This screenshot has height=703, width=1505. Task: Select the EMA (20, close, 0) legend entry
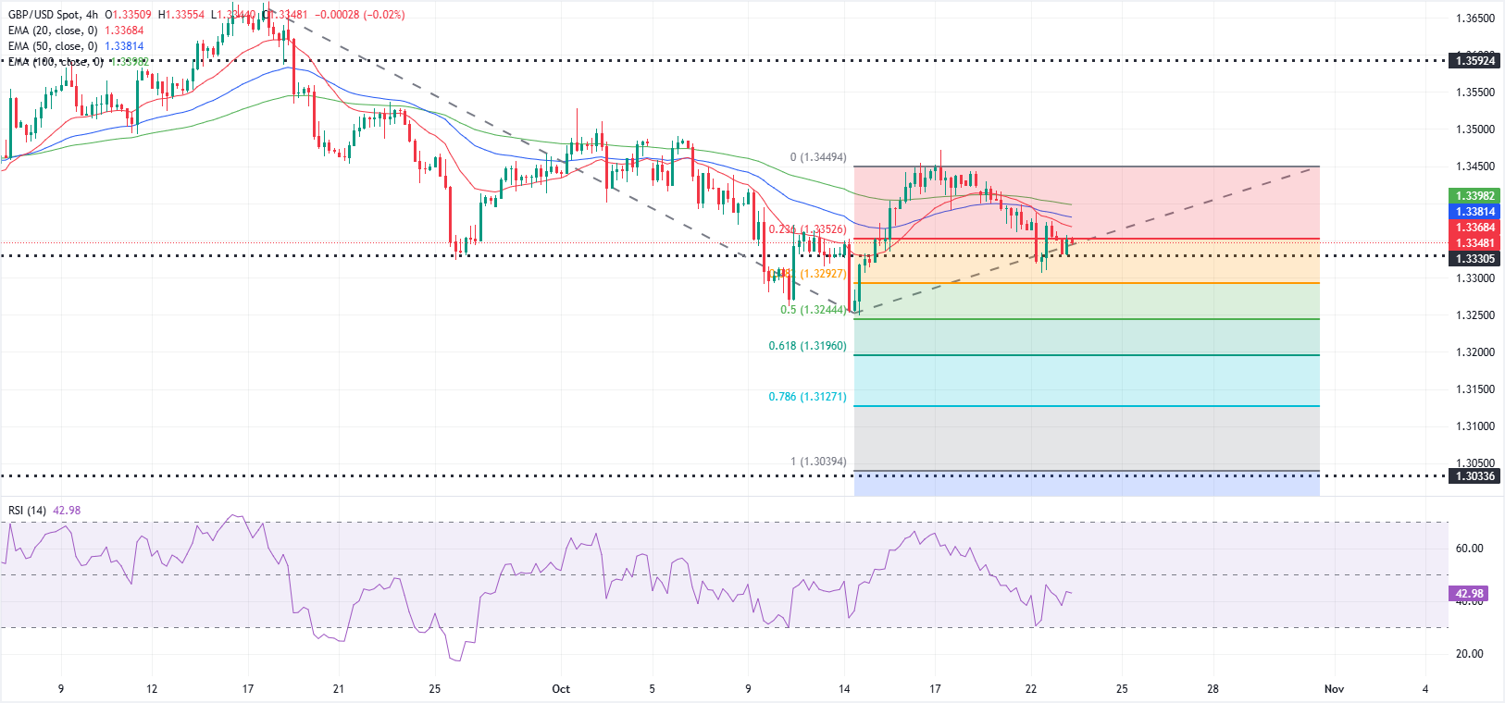coord(53,31)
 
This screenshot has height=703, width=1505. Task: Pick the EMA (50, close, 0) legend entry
coord(53,46)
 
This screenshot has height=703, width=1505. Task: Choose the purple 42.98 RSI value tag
coord(1469,594)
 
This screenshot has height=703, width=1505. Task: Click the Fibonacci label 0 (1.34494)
coord(817,157)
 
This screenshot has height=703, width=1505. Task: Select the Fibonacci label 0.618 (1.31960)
coord(807,346)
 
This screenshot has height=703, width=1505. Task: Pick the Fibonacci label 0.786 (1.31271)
coord(807,397)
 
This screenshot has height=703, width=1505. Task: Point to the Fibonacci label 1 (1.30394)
coord(817,462)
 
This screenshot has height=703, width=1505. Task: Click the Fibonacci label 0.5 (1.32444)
coord(812,310)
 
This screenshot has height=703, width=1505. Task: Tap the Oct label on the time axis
coord(561,689)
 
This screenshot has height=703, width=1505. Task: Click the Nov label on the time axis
coord(1334,689)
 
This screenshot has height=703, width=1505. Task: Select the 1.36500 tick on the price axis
coord(1475,18)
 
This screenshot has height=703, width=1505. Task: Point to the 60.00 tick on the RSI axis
coord(1469,549)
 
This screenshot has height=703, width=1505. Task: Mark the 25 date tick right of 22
coord(1122,689)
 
